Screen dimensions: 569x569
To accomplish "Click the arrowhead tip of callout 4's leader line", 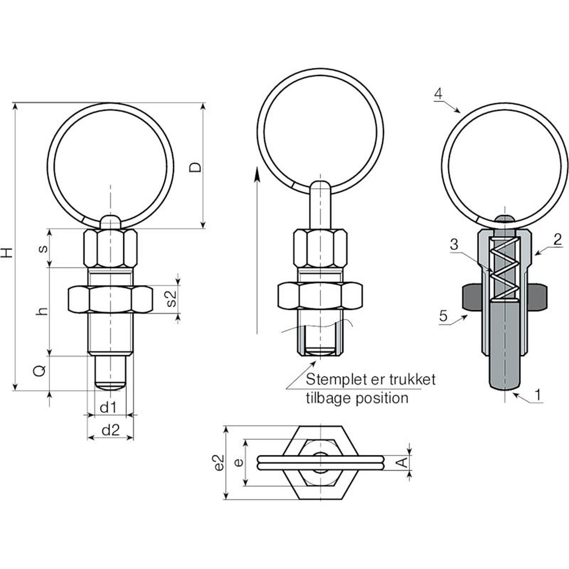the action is [x=460, y=112].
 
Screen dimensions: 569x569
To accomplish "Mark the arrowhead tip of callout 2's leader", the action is [x=535, y=255].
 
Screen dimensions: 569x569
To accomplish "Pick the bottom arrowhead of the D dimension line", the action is [x=203, y=228].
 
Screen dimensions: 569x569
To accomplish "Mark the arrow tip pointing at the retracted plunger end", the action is [x=316, y=361].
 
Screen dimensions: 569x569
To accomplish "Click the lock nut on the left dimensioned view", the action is [x=110, y=299].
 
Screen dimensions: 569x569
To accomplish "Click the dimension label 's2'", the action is [x=171, y=299].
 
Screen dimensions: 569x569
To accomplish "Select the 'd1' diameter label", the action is [x=108, y=408].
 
